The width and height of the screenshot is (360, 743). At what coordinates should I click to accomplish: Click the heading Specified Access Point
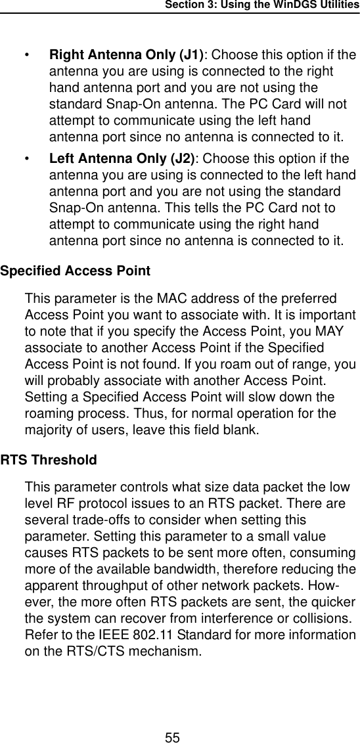tap(76, 271)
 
